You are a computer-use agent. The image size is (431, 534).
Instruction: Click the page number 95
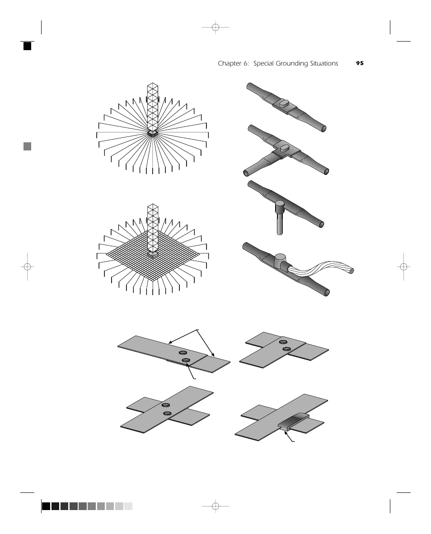[360, 63]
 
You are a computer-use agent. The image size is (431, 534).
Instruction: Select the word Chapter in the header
[230, 64]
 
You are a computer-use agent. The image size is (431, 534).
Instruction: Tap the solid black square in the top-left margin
[27, 46]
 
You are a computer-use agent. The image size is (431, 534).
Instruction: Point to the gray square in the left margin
[27, 146]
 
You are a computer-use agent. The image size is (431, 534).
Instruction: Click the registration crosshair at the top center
[215, 27]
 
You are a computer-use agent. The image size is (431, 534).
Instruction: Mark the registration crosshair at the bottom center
[215, 506]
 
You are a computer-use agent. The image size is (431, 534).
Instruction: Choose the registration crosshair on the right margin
[403, 267]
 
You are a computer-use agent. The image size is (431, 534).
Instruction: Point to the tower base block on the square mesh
[153, 254]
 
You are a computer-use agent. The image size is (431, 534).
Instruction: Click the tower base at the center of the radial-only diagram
[153, 133]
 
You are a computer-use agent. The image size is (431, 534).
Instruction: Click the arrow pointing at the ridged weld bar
[289, 436]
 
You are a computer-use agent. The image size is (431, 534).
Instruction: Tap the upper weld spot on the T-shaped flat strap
[282, 342]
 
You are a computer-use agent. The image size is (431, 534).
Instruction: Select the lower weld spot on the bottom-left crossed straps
[167, 413]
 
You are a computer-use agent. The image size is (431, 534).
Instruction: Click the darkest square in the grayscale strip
[46, 506]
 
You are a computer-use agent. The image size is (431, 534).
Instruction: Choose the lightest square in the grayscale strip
[128, 506]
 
